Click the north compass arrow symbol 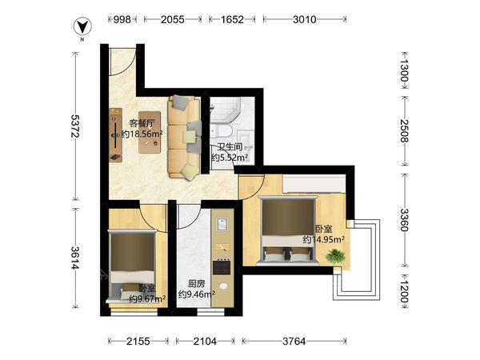pos(82,26)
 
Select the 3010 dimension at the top pos(304,19)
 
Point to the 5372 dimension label pos(75,126)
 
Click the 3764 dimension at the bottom pos(294,341)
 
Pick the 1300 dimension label pos(404,70)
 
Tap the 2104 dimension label pos(205,341)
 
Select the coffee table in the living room pos(150,132)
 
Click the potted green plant pos(335,256)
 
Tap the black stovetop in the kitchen pos(222,267)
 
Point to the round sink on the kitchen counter pos(223,286)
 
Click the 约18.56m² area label pos(142,134)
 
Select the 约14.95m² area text pos(323,239)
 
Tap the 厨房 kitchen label pos(196,284)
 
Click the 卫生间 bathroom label pos(230,147)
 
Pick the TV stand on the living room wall pos(116,135)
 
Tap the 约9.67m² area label pos(147,298)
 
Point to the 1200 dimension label pos(404,292)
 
